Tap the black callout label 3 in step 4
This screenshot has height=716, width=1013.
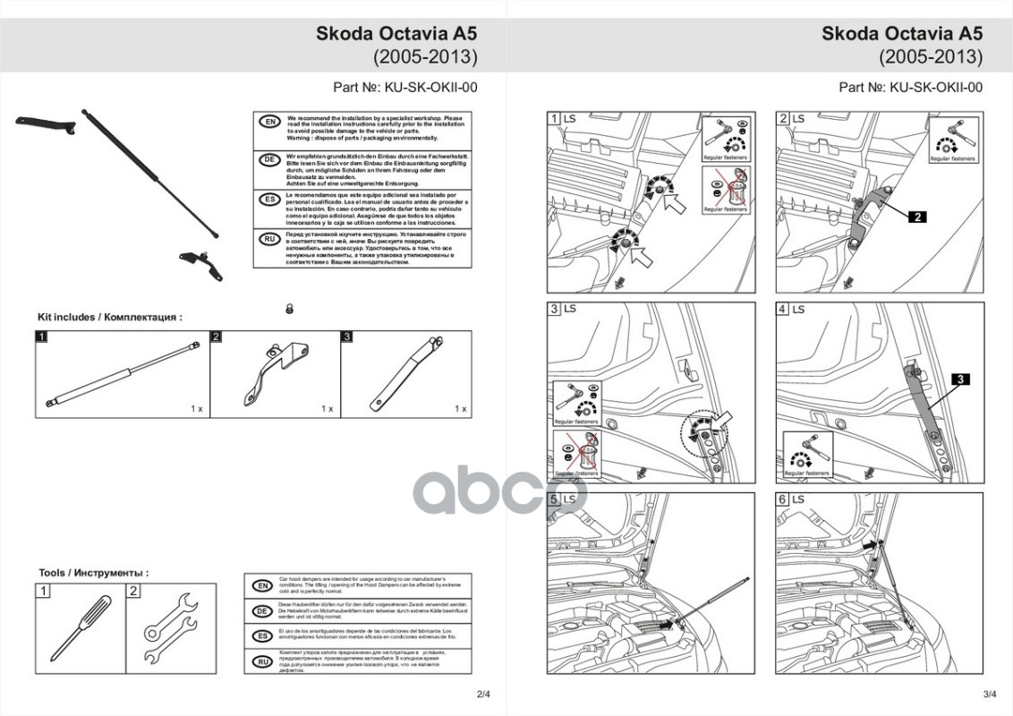click(958, 380)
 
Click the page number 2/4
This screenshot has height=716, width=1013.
click(484, 694)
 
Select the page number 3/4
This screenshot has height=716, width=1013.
click(989, 694)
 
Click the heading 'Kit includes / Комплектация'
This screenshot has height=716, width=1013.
click(109, 317)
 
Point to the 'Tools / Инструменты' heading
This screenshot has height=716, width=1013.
click(93, 572)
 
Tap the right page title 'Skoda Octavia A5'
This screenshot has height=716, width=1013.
click(902, 34)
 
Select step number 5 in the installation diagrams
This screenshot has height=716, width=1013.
click(555, 499)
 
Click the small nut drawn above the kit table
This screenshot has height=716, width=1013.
click(289, 308)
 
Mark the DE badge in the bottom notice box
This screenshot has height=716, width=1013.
click(262, 611)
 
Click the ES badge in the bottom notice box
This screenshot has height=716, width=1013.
click(262, 636)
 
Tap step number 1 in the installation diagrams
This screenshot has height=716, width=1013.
click(555, 119)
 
